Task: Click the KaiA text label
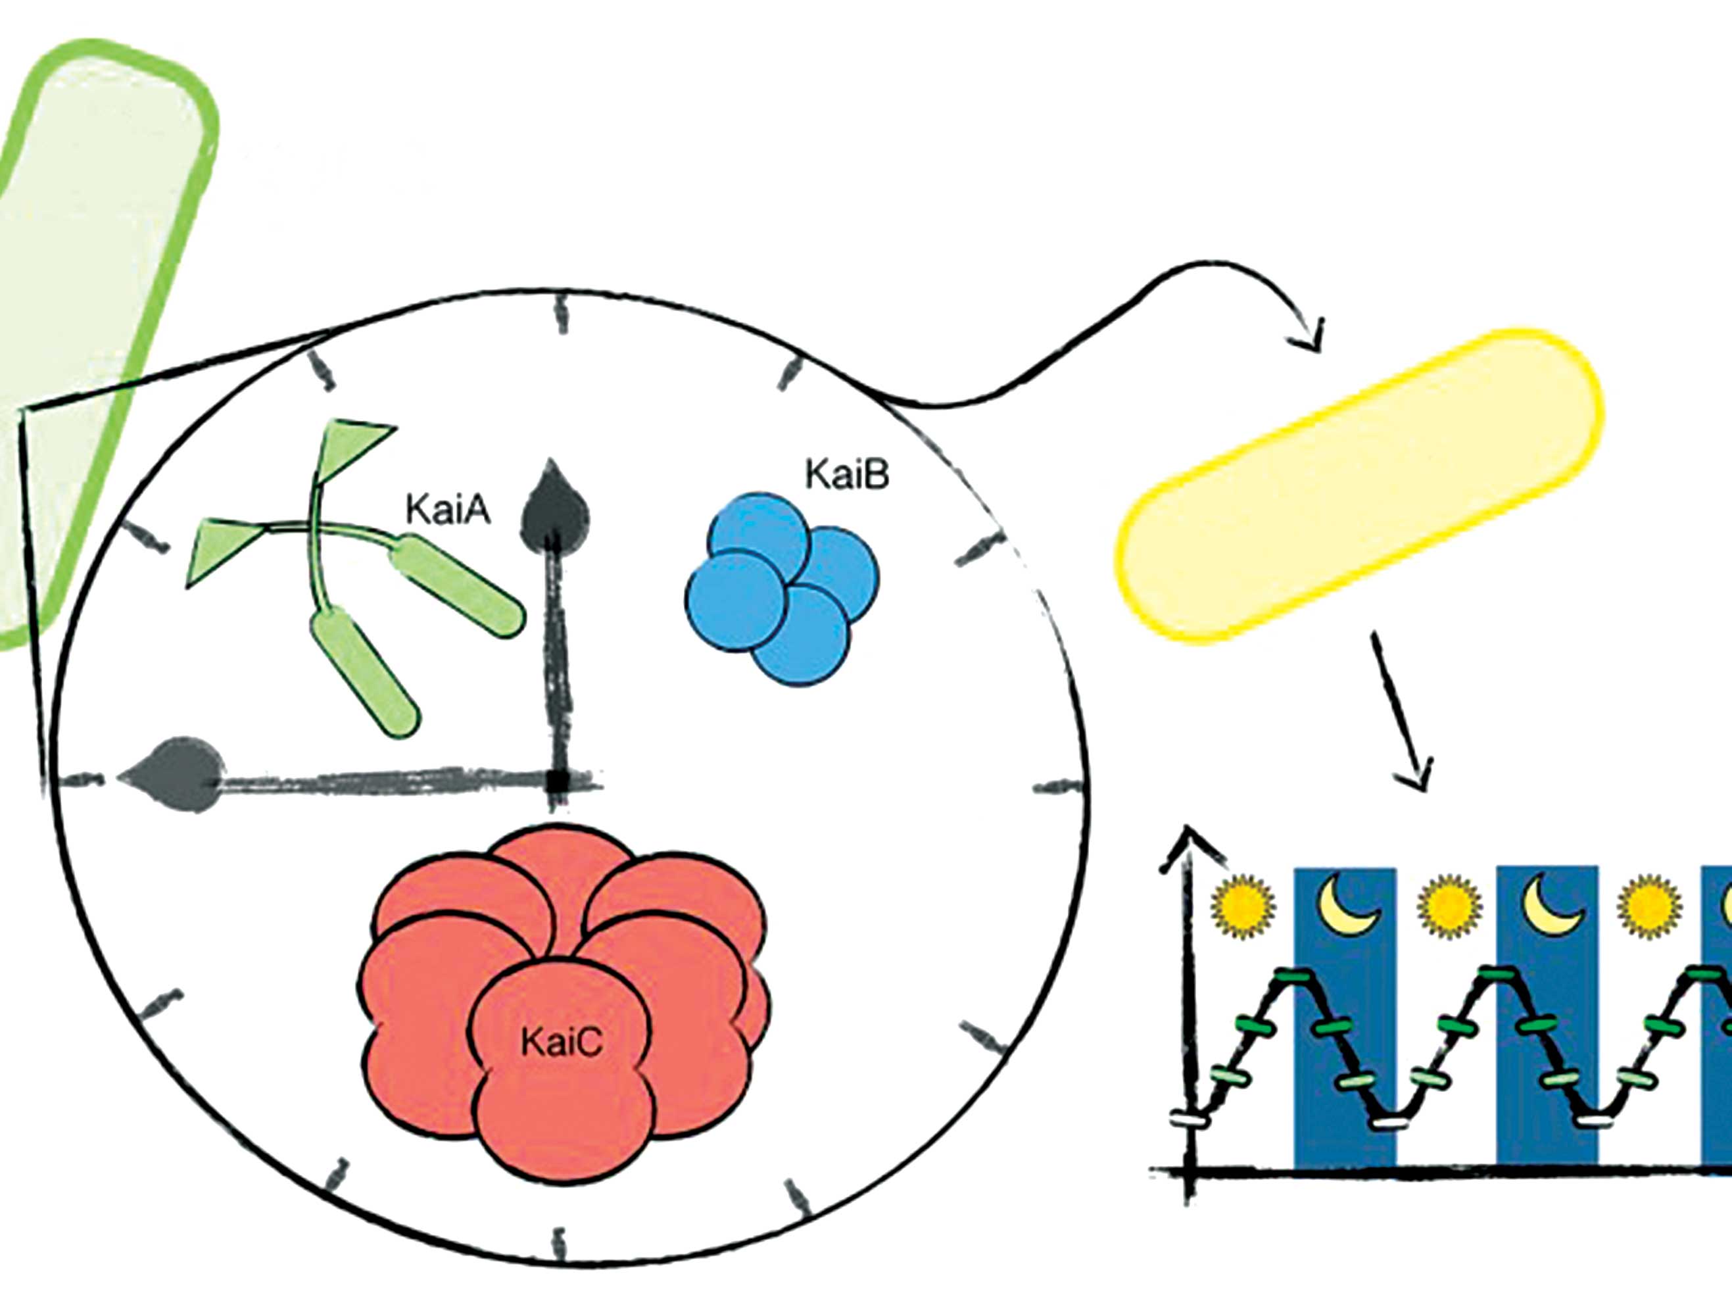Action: tap(448, 510)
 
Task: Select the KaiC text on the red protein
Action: tap(562, 1042)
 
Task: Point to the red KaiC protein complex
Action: tap(562, 1002)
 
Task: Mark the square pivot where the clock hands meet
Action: tap(558, 781)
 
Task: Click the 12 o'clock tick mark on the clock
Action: tap(561, 313)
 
